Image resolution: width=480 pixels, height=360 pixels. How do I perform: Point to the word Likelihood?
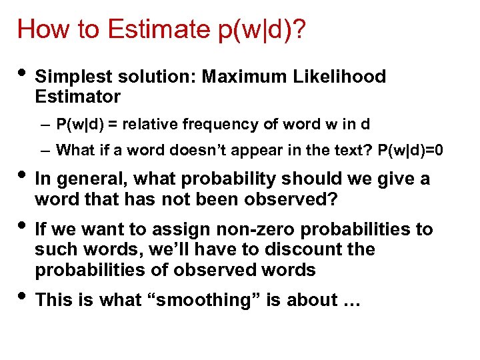pyautogui.click(x=339, y=77)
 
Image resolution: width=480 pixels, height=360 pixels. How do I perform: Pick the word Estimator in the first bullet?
pyautogui.click(x=77, y=97)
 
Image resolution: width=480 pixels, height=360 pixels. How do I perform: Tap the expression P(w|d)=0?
pyautogui.click(x=411, y=151)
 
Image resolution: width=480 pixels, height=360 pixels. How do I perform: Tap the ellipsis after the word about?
pyautogui.click(x=351, y=301)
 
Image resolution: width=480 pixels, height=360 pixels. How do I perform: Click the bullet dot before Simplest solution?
pyautogui.click(x=23, y=74)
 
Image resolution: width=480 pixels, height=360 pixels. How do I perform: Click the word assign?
pyautogui.click(x=186, y=229)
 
